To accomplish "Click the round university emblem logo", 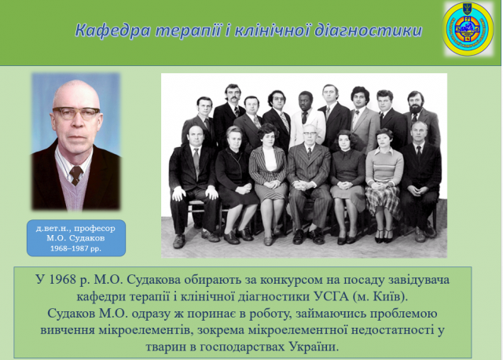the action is [x=468, y=29].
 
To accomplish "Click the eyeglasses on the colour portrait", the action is [x=76, y=113].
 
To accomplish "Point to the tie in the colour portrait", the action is [x=76, y=175].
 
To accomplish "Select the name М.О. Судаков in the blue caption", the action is [x=75, y=238].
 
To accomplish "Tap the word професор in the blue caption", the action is [x=94, y=229].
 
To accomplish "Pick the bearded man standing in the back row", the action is [x=420, y=119].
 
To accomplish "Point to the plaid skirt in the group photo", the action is [x=384, y=201].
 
